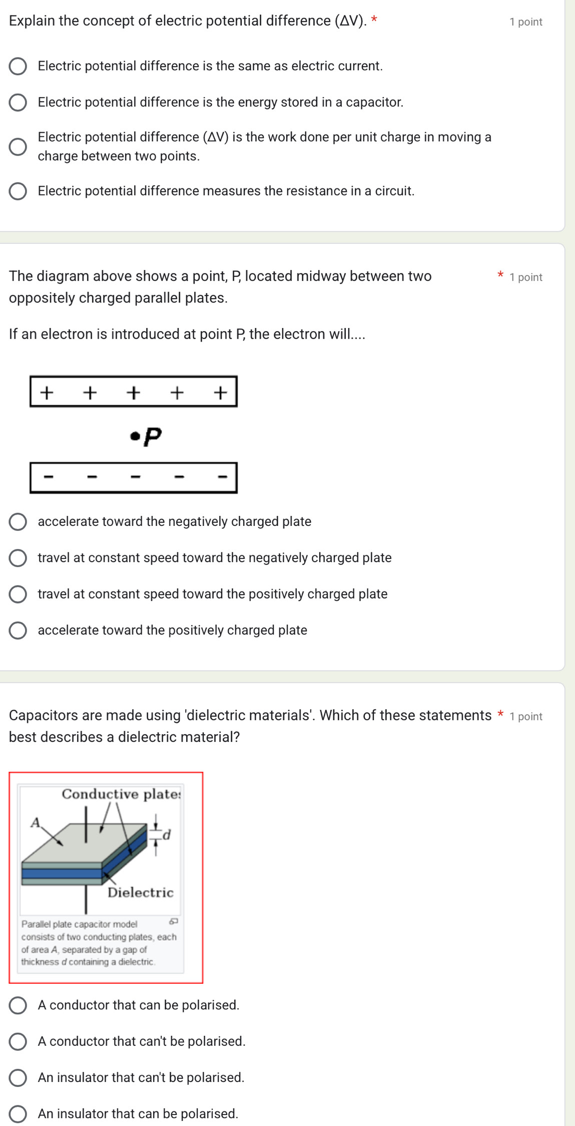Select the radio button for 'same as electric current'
(18, 66)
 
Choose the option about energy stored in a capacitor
(18, 102)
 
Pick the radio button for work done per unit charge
(18, 147)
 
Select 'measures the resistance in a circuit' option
(18, 191)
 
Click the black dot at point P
(134, 436)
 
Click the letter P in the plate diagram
(153, 437)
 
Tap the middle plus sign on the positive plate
(133, 392)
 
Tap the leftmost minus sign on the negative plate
(48, 476)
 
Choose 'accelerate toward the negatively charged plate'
(18, 521)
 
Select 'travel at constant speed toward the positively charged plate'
(18, 594)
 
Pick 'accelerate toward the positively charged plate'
(18, 630)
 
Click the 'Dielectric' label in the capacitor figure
(141, 893)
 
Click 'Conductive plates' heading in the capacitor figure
(121, 794)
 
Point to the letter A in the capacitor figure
(35, 822)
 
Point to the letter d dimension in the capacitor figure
(167, 834)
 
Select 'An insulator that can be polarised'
(18, 1113)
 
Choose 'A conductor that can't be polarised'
(18, 1041)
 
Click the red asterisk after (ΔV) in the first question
(374, 21)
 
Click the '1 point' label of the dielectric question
(525, 717)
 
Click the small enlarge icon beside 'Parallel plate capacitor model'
(174, 921)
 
